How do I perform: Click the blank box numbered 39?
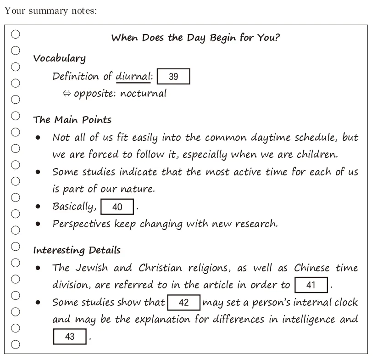pyautogui.click(x=173, y=77)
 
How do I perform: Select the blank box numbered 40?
pyautogui.click(x=117, y=207)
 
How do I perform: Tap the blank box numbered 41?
pyautogui.click(x=311, y=285)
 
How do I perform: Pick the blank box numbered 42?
pyautogui.click(x=183, y=303)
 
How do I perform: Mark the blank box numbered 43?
pyautogui.click(x=70, y=337)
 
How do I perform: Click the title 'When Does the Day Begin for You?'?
pyautogui.click(x=195, y=38)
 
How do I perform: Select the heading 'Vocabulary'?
pyautogui.click(x=59, y=59)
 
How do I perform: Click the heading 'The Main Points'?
pyautogui.click(x=72, y=120)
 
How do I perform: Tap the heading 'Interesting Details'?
pyautogui.click(x=77, y=251)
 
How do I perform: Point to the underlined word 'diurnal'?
pyautogui.click(x=133, y=76)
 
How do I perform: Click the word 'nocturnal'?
pyautogui.click(x=143, y=93)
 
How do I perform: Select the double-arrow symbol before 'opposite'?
pyautogui.click(x=67, y=94)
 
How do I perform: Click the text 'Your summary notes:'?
pyautogui.click(x=50, y=11)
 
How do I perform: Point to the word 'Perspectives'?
pyautogui.click(x=81, y=224)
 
